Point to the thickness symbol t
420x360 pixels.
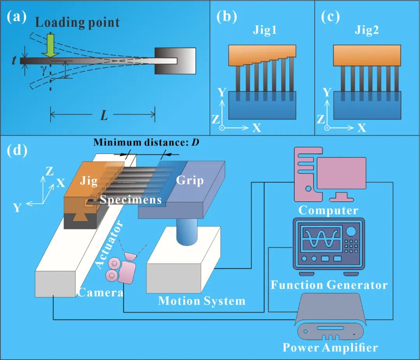14,61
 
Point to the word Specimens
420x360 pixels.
131,200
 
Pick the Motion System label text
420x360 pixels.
202,301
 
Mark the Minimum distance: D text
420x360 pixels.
146,142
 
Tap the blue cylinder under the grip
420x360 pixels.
187,232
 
